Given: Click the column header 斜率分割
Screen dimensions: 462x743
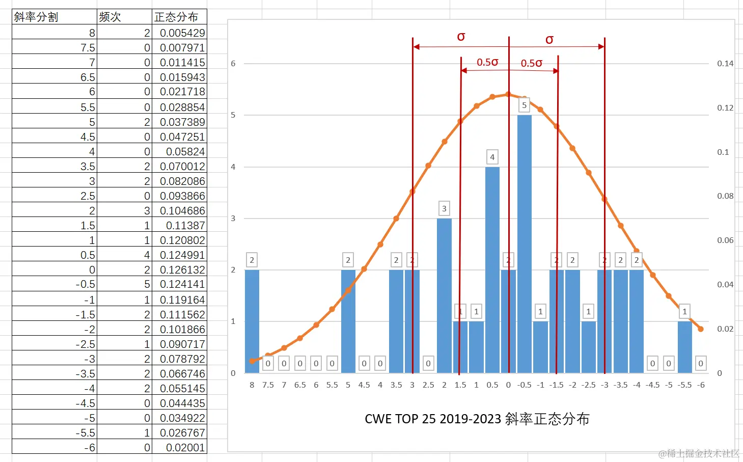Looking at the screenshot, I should (36, 17).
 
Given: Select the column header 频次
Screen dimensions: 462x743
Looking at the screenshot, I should (110, 17).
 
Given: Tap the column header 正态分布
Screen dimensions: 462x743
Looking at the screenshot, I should (176, 17).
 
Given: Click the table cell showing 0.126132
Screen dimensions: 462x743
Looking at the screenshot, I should (182, 269).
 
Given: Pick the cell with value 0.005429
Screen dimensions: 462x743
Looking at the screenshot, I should (182, 33).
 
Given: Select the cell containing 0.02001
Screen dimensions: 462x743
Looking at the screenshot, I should (185, 447).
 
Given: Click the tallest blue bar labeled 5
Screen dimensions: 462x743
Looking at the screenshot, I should (524, 243).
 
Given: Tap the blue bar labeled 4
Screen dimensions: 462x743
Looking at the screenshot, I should (492, 269).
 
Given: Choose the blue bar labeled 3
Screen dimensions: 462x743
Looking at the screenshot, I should (444, 295).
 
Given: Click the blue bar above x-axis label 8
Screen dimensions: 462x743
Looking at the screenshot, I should (252, 321).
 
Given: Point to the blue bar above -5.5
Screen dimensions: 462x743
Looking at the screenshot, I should (684, 347).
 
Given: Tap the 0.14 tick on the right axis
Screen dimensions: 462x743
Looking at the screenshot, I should (725, 64).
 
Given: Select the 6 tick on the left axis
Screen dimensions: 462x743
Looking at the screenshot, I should (233, 64).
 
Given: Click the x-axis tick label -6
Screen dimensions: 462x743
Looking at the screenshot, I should (701, 385).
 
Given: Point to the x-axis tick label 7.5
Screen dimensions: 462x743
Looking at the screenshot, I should (268, 385).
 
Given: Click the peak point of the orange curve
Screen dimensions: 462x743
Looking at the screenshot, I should (508, 94).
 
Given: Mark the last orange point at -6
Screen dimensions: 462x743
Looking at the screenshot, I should (701, 329).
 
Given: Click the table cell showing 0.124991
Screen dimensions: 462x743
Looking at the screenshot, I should (182, 255).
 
